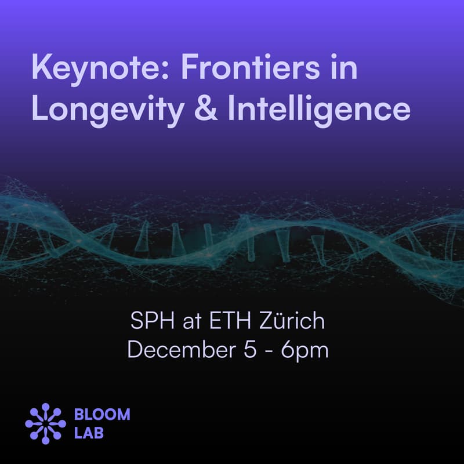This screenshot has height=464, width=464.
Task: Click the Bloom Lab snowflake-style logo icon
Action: click(45, 423)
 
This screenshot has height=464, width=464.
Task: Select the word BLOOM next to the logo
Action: click(102, 415)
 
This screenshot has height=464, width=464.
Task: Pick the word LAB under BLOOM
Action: click(89, 433)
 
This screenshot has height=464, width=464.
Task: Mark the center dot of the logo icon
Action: click(45, 423)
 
